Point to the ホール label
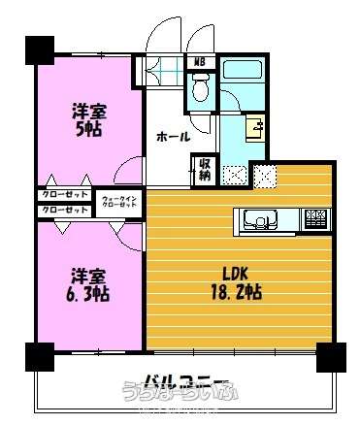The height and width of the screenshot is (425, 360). click(x=172, y=136)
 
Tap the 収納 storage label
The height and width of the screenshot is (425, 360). click(x=205, y=170)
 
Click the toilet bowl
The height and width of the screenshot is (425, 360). click(x=200, y=90)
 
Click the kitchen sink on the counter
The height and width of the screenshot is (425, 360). click(x=259, y=219)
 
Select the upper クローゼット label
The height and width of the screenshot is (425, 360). click(x=61, y=195)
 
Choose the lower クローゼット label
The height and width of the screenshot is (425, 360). click(x=61, y=209)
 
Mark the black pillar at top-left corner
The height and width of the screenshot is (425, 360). click(x=39, y=49)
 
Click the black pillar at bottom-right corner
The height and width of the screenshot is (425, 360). click(x=332, y=358)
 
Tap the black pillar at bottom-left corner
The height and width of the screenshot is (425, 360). click(x=39, y=358)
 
